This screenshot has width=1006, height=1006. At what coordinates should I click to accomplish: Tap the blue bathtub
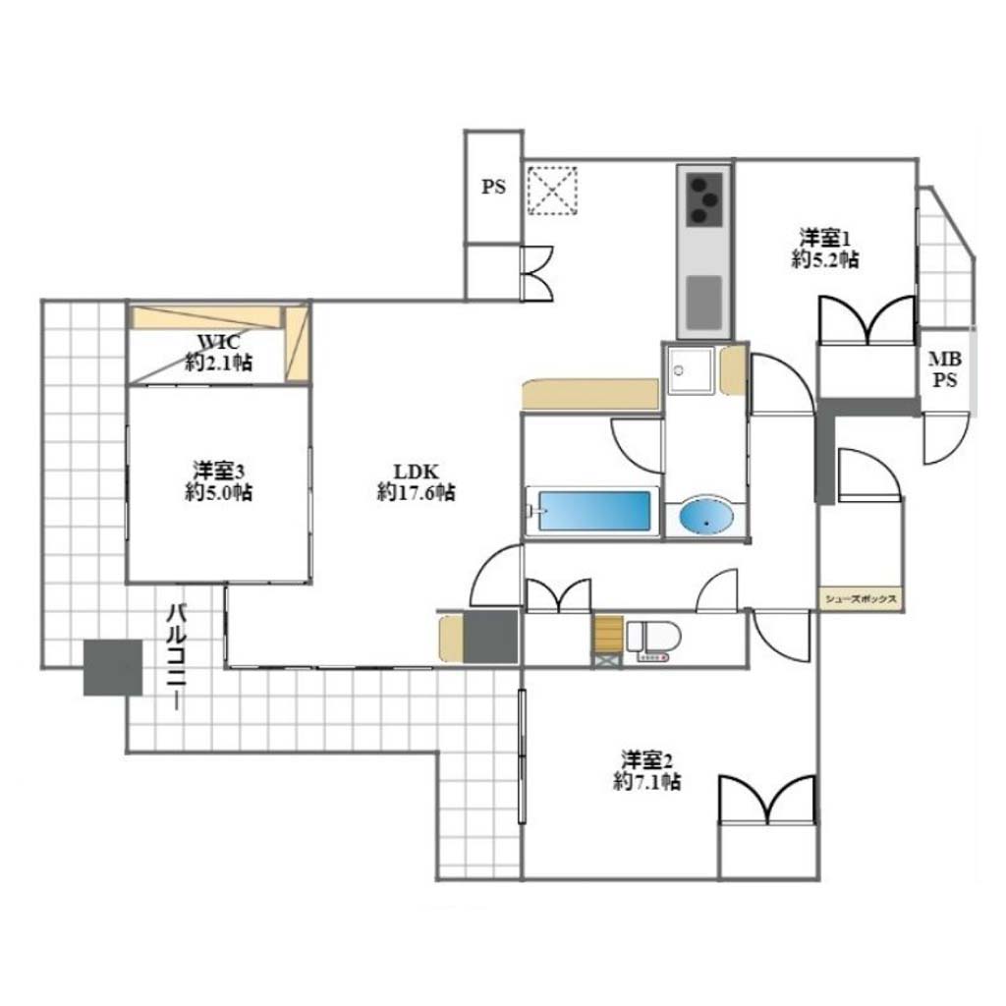coord(594,511)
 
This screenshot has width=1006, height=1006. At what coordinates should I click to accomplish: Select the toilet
coord(653,640)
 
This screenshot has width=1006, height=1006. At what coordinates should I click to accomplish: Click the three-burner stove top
coord(704,198)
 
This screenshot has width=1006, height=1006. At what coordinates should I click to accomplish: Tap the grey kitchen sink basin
coord(704,303)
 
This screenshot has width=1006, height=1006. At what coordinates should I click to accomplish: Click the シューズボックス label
coord(861,599)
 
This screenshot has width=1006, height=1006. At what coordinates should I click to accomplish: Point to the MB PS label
coord(945,369)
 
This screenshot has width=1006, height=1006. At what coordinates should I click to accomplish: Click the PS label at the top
coord(493,187)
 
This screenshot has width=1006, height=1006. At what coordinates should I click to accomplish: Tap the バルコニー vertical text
coord(177,657)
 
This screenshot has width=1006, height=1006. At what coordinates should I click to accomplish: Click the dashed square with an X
coord(552,190)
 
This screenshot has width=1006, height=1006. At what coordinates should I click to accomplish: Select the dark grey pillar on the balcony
coord(113,667)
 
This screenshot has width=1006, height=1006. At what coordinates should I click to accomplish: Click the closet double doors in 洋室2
coord(767,800)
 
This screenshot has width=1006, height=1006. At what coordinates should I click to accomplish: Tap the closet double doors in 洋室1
coord(866,319)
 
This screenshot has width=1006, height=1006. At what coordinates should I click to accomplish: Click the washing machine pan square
coord(691,370)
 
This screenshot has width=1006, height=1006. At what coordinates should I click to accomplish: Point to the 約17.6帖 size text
coord(417,493)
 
